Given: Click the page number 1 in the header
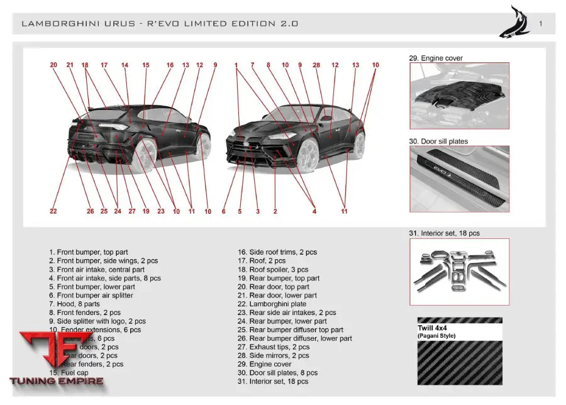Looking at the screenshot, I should click(541, 23).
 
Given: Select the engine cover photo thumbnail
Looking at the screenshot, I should click(459, 95).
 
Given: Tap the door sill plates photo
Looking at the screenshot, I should click(459, 179).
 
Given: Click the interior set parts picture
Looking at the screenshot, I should click(459, 272).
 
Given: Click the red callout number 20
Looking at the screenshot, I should click(53, 65).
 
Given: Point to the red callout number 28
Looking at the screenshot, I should click(316, 65).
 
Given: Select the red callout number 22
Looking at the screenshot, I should click(53, 211).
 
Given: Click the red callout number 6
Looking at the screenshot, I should click(223, 211).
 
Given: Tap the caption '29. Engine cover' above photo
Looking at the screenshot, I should click(435, 58).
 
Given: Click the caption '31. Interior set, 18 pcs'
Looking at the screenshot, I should click(444, 233).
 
